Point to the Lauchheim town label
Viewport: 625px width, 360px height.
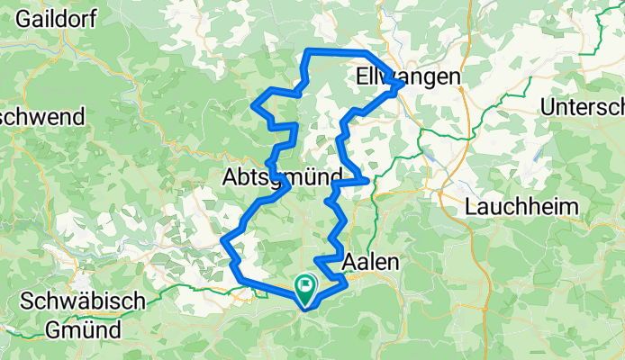coord(521,207)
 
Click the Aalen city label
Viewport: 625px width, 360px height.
coord(371,259)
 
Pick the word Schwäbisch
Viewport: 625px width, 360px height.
coord(80,301)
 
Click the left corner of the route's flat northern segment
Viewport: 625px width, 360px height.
coord(309,51)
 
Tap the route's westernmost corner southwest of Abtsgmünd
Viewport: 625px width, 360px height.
coord(222,240)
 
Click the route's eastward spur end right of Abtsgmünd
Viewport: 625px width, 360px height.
coord(368,181)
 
